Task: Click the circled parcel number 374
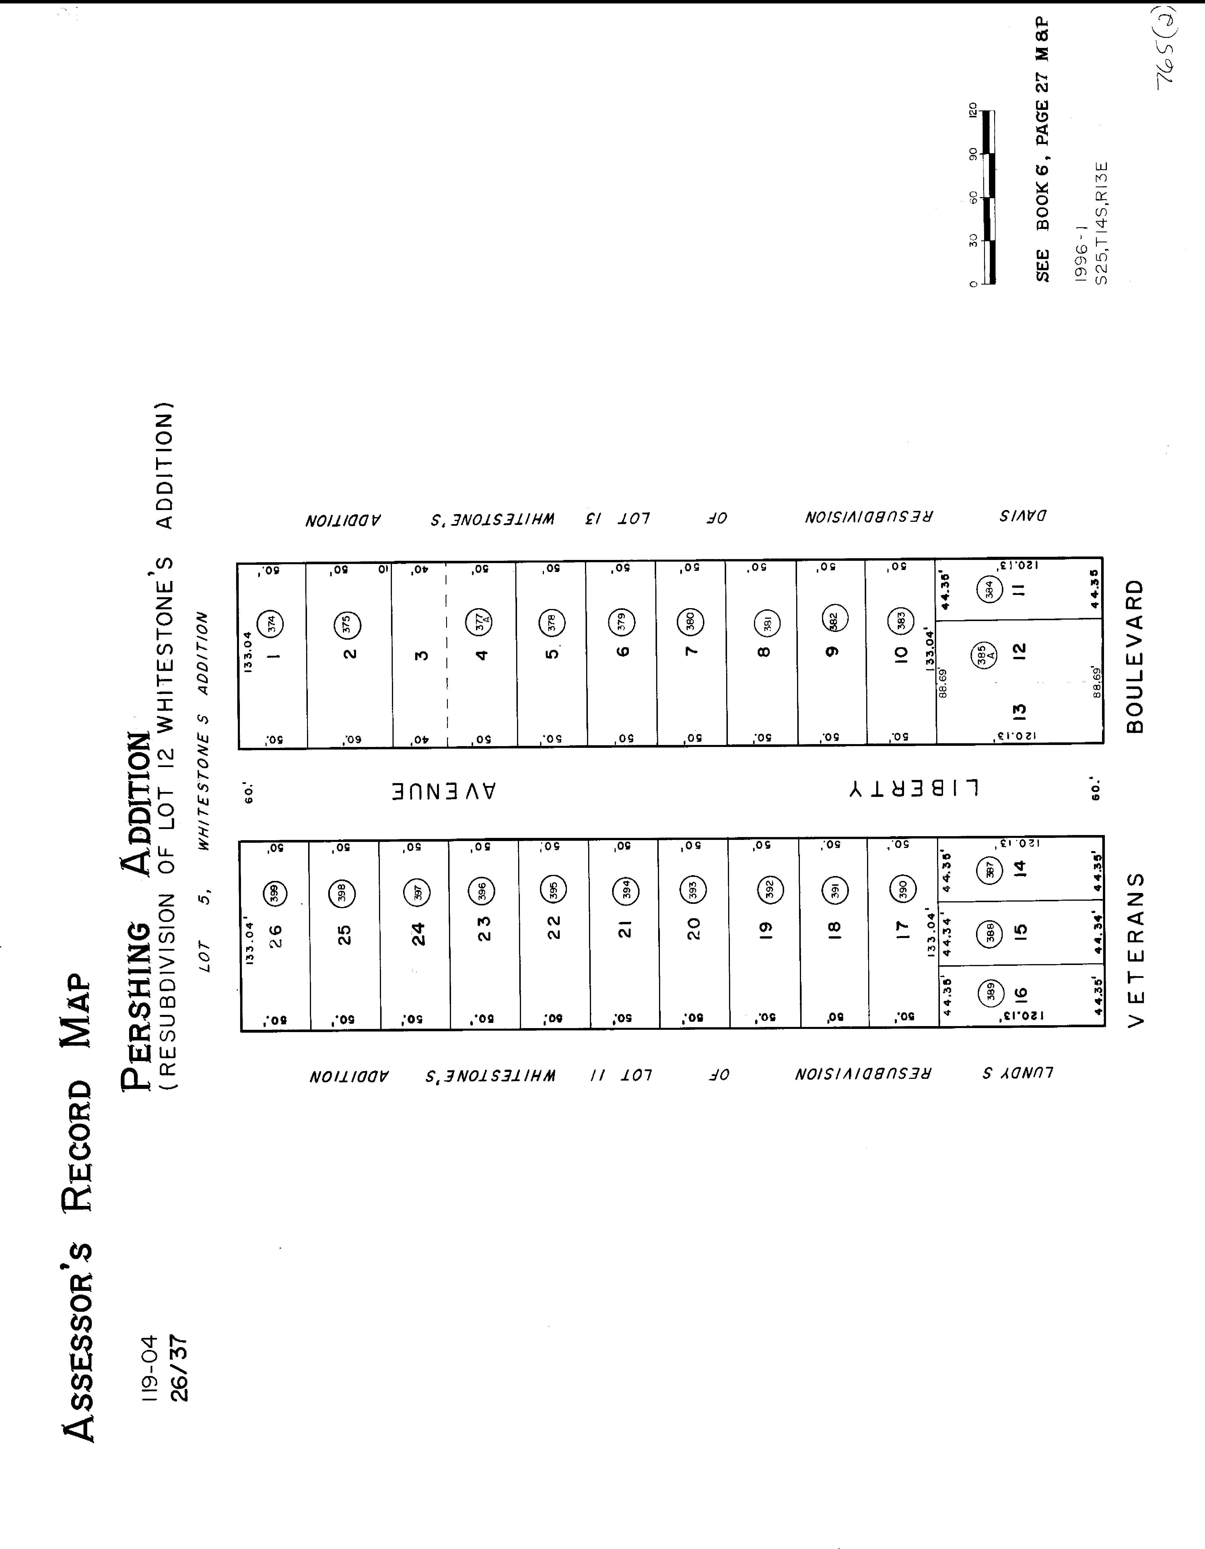[270, 623]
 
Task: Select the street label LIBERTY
[914, 789]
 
